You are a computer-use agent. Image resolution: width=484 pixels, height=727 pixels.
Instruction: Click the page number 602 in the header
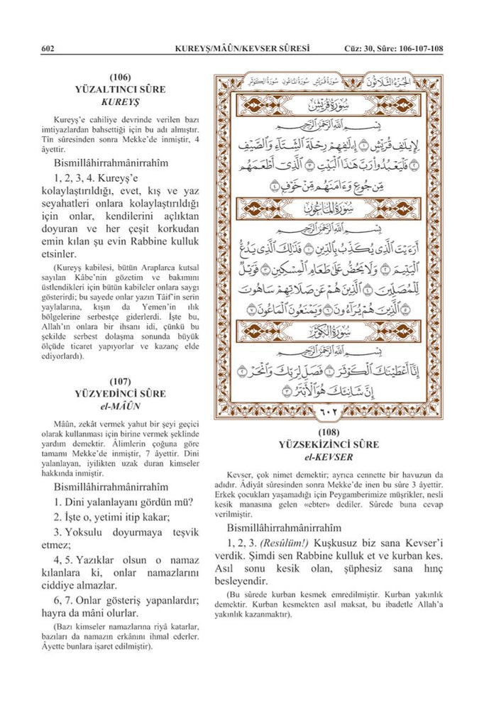point(49,48)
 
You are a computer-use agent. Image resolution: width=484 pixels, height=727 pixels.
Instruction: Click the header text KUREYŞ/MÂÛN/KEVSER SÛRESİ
point(241,48)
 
